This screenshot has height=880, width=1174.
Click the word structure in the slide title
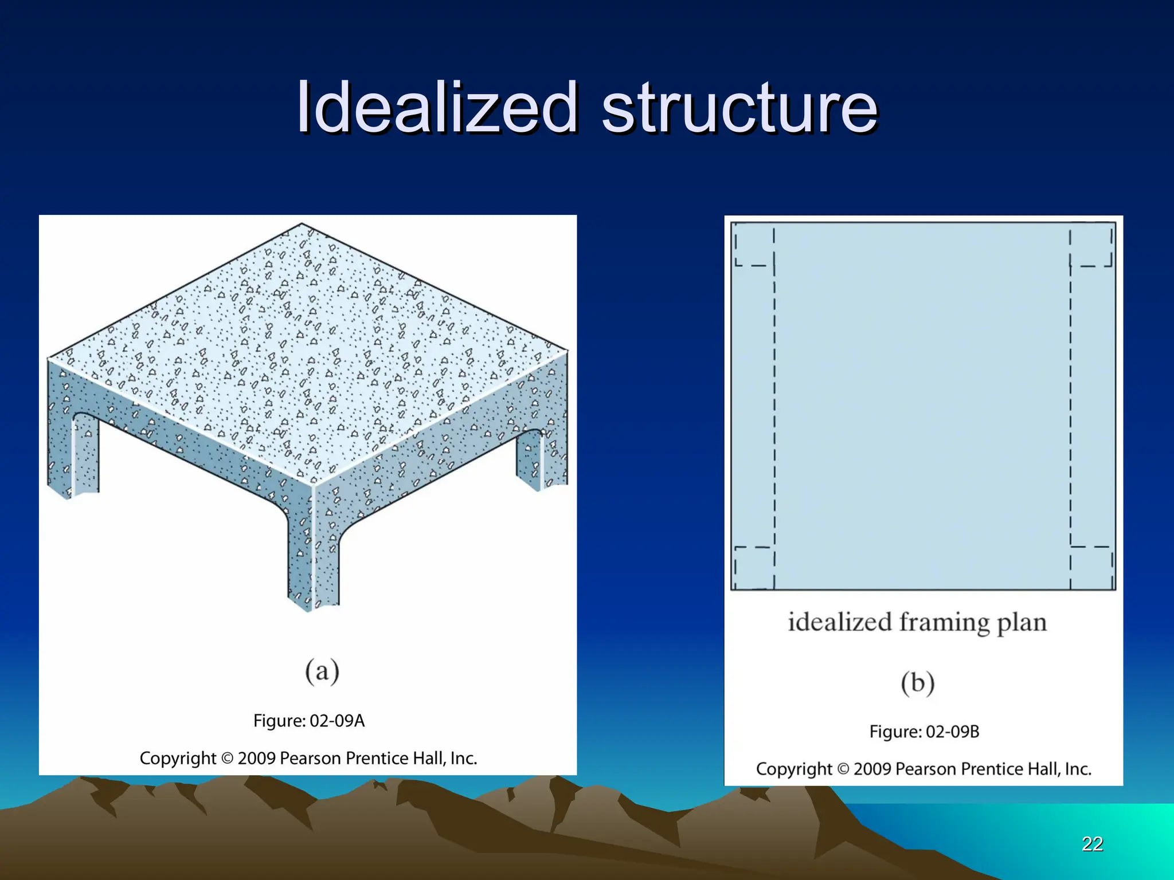(739, 108)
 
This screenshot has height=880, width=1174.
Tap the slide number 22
(1092, 844)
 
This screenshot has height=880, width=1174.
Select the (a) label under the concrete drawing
(322, 671)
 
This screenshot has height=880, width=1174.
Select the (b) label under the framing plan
(917, 683)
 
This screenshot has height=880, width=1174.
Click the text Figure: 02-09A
(309, 721)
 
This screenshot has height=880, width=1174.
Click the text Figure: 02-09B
(924, 732)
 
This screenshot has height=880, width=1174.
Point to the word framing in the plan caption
(944, 623)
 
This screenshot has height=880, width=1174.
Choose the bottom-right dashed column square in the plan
(1091, 567)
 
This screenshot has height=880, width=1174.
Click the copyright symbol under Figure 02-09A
(227, 759)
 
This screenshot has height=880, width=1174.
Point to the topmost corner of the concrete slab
(302, 225)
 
